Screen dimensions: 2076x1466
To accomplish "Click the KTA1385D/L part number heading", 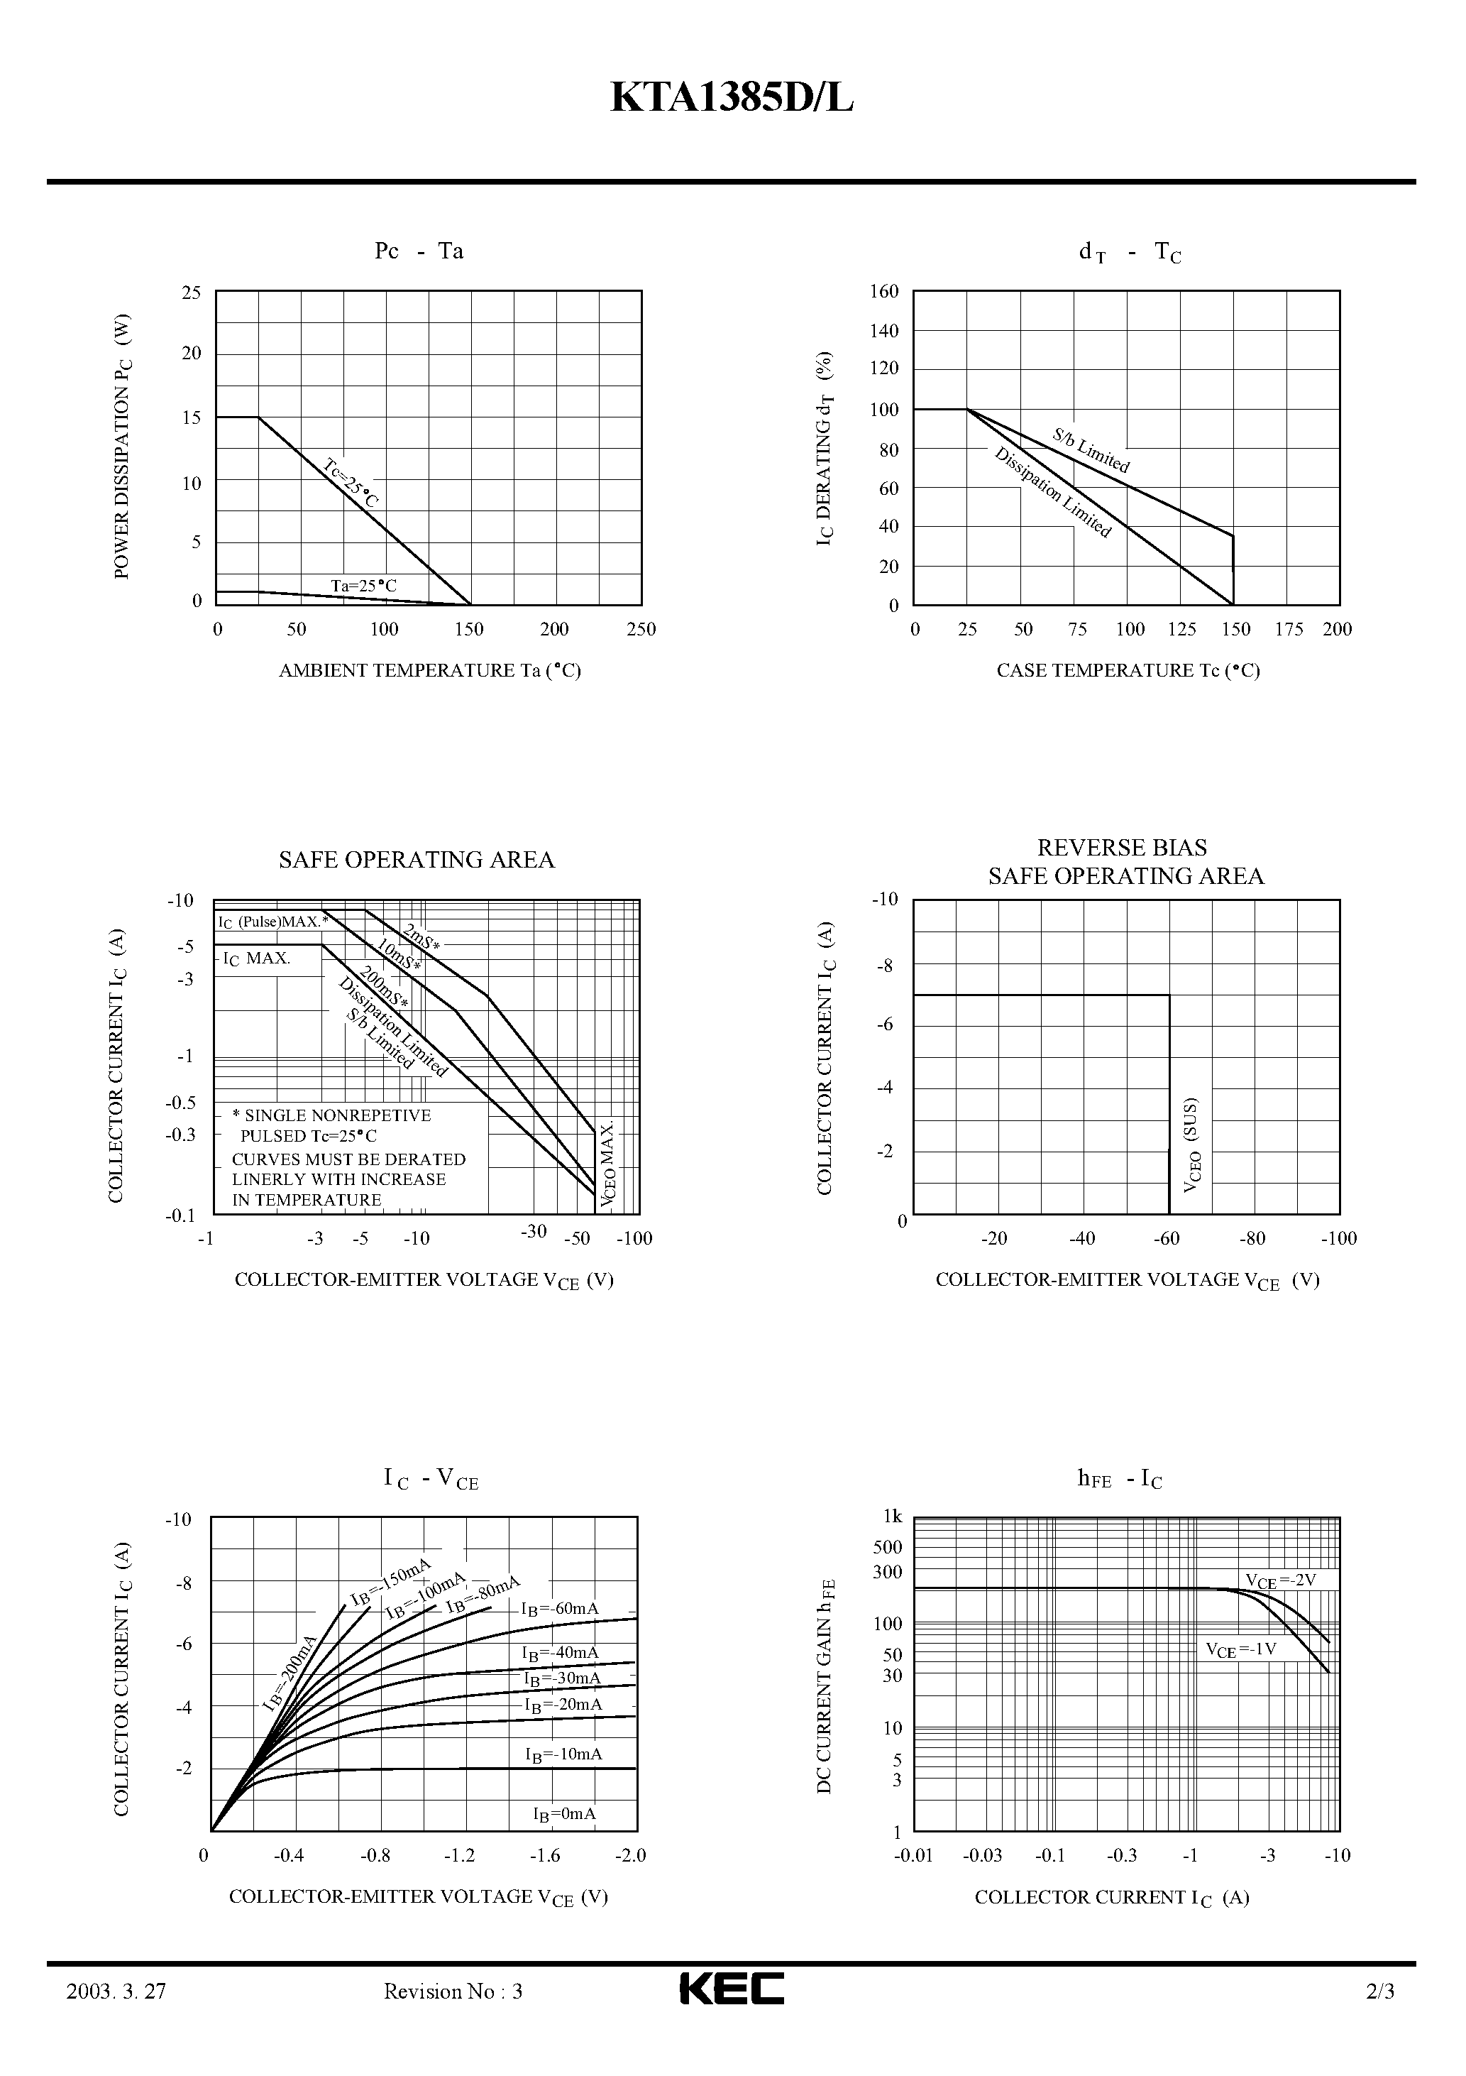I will point(732,99).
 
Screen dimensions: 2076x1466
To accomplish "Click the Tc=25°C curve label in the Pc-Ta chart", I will point(351,483).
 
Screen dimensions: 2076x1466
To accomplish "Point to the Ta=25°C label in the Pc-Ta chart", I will point(363,586).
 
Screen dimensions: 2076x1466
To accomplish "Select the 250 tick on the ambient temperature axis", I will point(641,629).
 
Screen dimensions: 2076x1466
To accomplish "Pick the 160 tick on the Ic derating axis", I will point(884,291).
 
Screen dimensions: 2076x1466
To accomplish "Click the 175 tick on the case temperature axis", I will point(1289,629).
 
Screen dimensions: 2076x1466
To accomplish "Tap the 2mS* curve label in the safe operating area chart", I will point(421,938).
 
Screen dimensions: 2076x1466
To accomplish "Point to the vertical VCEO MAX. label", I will point(608,1166).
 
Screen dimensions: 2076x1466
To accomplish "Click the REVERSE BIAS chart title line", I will point(1122,847).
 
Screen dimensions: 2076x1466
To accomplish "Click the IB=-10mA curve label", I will point(563,1754).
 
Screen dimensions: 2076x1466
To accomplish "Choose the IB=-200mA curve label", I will point(290,1675).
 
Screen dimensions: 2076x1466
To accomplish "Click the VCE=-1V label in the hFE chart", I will point(1241,1649).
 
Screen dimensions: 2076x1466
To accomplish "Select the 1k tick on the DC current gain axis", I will point(892,1517).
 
